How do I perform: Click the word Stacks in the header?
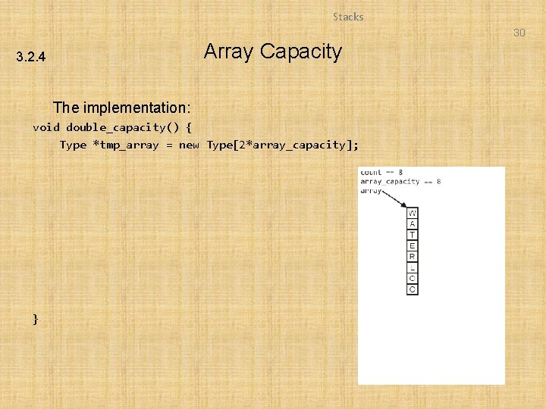(x=348, y=17)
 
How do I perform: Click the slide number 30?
(x=519, y=33)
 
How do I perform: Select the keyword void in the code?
(x=45, y=127)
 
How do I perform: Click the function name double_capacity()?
(x=122, y=127)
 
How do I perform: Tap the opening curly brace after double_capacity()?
(x=189, y=127)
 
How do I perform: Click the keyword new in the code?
(x=189, y=145)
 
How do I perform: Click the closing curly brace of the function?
(x=35, y=319)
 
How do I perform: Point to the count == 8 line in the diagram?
(x=381, y=173)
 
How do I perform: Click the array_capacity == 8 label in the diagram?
(x=400, y=182)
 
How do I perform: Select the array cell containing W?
(x=413, y=214)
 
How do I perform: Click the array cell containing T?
(x=413, y=235)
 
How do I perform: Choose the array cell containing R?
(x=413, y=257)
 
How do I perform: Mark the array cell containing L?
(x=413, y=267)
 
